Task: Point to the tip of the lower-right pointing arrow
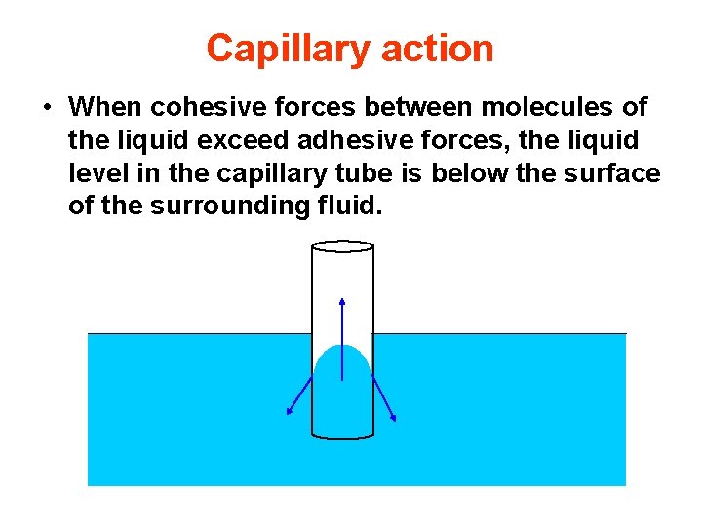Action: [x=395, y=421]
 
